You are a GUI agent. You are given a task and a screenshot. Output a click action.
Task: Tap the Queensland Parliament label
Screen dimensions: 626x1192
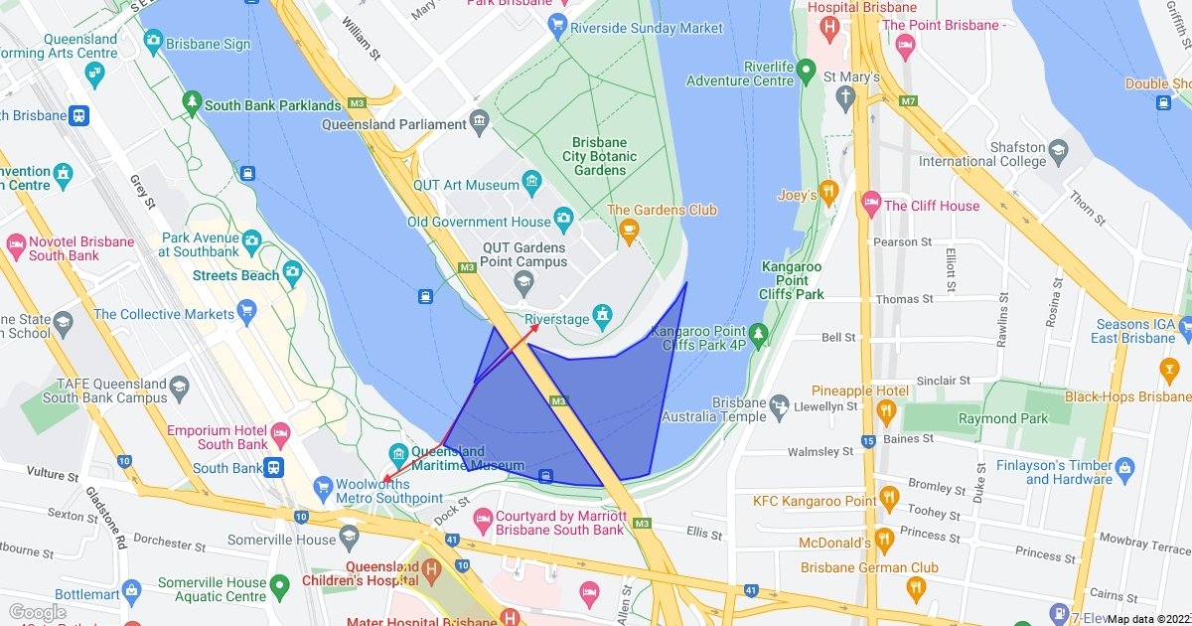point(393,125)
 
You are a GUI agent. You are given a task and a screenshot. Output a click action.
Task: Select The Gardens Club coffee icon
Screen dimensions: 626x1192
point(628,230)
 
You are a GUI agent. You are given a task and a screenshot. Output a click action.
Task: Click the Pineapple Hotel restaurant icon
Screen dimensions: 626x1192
point(887,409)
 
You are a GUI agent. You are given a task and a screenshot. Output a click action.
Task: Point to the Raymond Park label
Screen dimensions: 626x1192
point(1002,418)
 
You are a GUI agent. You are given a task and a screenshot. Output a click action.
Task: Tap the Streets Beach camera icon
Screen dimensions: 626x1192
point(292,271)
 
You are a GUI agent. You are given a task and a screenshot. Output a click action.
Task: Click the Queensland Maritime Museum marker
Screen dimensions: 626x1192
point(398,452)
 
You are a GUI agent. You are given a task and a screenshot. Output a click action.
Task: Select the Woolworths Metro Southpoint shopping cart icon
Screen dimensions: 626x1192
point(322,487)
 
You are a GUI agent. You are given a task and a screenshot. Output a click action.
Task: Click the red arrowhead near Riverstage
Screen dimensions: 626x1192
point(536,326)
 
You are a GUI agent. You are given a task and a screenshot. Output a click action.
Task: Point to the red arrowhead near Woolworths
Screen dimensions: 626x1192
point(385,480)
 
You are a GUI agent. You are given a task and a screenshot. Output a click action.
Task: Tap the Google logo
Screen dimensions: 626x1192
point(37,612)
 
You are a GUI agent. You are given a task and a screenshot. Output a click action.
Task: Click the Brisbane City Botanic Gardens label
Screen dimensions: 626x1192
point(599,156)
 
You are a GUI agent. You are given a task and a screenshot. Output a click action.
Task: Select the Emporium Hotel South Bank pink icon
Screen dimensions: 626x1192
point(281,432)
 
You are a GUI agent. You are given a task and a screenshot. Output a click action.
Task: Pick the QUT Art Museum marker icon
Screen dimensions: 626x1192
point(531,181)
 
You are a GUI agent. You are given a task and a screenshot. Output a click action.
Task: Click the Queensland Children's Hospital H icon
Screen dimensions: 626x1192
point(429,570)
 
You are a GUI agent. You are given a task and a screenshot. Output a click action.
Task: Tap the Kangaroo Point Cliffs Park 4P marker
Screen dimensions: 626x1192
point(759,332)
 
